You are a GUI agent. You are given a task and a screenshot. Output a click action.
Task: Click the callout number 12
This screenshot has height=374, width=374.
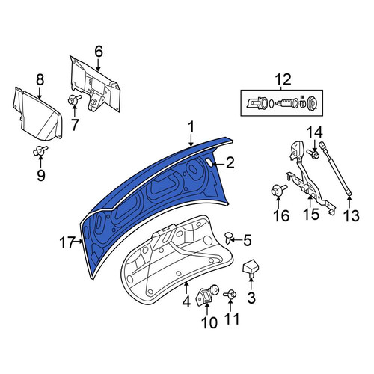coord(283,79)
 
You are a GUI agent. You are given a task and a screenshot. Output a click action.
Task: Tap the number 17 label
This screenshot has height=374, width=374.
coord(67,242)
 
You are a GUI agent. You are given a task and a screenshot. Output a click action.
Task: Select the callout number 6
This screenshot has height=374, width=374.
coord(99,52)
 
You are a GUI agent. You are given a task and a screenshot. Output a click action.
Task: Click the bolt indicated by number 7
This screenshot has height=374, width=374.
coord(74,100)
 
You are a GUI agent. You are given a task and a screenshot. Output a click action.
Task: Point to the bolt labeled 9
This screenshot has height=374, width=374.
coord(40,150)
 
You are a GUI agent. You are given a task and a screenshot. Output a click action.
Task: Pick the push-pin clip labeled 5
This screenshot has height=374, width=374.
coord(228,238)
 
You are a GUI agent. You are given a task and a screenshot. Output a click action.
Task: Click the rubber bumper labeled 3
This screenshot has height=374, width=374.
coord(251,269)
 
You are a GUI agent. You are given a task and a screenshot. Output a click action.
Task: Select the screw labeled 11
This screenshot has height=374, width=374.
coord(230,295)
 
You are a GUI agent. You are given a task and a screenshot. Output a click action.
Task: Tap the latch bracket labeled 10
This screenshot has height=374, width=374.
coord(208,295)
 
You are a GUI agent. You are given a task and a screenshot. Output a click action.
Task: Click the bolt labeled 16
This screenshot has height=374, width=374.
coord(278,191)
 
